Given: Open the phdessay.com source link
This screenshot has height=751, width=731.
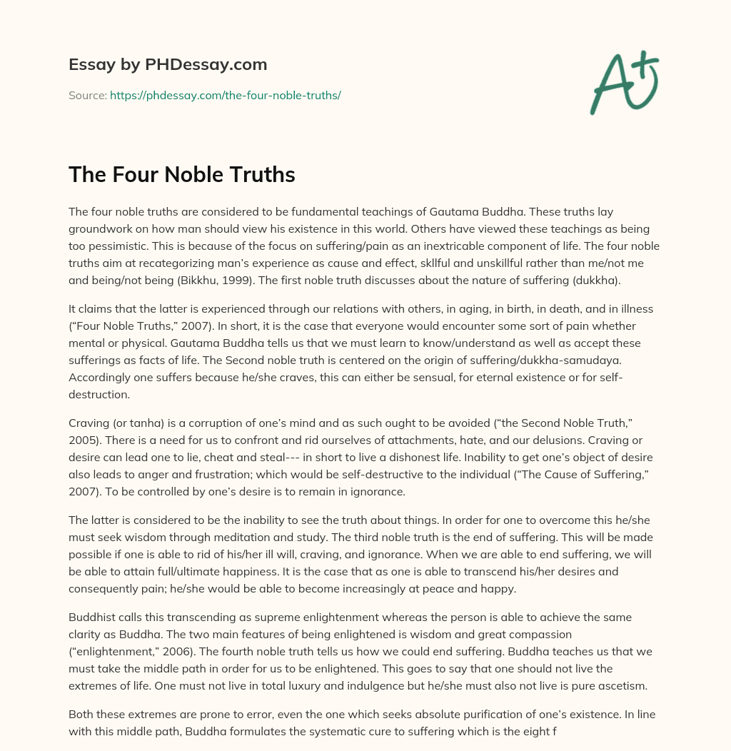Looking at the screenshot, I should pyautogui.click(x=225, y=95).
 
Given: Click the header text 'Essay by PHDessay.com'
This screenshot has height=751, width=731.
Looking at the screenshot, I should pyautogui.click(x=168, y=65).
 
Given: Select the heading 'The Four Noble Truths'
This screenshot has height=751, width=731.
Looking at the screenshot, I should pyautogui.click(x=182, y=174).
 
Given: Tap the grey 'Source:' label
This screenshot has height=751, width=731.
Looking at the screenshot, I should pyautogui.click(x=87, y=95).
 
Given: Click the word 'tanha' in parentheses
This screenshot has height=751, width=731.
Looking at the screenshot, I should pyautogui.click(x=142, y=425).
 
